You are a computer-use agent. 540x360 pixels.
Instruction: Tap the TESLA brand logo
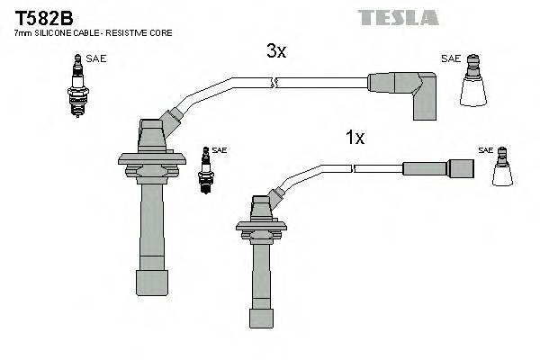398,17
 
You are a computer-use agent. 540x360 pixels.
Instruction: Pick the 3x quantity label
276,52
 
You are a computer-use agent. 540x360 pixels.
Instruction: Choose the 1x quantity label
355,138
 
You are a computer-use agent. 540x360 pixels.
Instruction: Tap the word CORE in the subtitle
161,33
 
